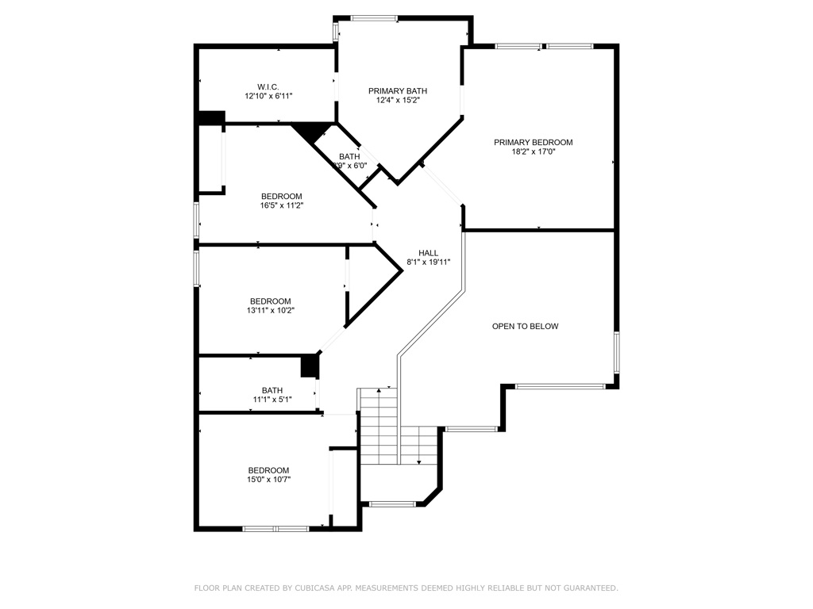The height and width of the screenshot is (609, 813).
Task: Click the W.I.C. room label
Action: [x=268, y=86]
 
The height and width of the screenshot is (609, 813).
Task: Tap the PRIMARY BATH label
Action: [x=398, y=91]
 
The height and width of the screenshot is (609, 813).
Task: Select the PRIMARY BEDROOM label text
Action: [x=533, y=143]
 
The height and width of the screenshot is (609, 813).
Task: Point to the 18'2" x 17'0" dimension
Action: [x=533, y=152]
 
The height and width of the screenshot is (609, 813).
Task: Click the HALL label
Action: [x=428, y=253]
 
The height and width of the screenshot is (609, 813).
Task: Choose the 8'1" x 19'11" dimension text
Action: [x=428, y=262]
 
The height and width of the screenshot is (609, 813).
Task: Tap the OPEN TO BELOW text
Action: [x=525, y=326]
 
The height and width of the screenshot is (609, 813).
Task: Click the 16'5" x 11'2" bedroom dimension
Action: [x=281, y=205]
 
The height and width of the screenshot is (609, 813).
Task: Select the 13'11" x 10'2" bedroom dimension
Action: [x=270, y=310]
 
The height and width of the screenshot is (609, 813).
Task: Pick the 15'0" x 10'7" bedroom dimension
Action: [x=268, y=479]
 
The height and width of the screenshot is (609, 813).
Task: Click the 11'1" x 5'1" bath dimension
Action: [x=272, y=399]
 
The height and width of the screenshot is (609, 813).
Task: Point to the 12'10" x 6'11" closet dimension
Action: [x=268, y=96]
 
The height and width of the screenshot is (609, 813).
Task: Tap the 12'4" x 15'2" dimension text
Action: [x=398, y=101]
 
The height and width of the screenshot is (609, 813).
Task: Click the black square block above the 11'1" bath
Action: [x=309, y=366]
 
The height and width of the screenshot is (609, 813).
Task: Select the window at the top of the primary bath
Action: [x=374, y=18]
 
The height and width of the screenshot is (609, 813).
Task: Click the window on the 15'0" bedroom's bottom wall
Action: [x=275, y=528]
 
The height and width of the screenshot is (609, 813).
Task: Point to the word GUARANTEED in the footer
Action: [x=588, y=588]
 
